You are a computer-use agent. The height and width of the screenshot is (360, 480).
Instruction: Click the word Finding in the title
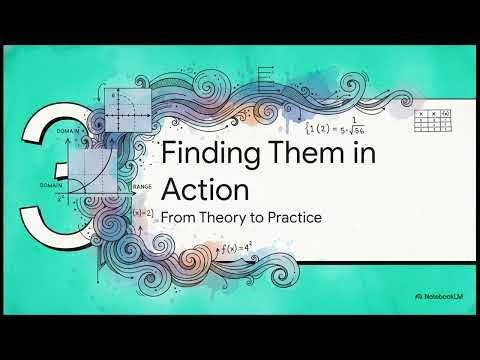pos(200,158)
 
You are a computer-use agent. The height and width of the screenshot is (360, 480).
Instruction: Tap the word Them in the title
pos(282,158)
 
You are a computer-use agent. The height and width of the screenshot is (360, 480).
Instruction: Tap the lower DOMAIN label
pos(51,185)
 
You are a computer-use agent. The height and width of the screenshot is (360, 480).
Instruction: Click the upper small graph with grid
pos(129,109)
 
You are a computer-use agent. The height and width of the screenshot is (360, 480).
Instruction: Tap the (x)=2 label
pos(142,214)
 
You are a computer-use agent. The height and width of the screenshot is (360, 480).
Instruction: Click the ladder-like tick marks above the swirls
pos(267,82)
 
